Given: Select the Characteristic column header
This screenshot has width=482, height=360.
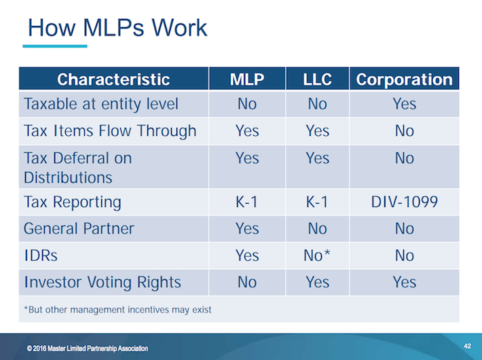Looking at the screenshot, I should click(113, 79).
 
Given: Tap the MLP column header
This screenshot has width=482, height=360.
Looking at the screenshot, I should click(246, 79).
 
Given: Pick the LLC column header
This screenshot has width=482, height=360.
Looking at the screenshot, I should click(317, 79).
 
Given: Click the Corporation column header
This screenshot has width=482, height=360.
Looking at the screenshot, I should click(404, 79).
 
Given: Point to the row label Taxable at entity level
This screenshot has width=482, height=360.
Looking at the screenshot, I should click(101, 104).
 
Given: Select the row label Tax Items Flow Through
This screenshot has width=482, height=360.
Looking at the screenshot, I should click(110, 130).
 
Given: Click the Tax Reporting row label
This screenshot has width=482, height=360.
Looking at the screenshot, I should click(73, 202).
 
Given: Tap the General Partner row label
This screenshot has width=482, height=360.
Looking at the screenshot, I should click(79, 228).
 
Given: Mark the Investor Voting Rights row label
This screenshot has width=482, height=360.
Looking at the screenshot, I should click(103, 281).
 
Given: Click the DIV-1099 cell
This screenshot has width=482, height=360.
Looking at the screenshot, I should click(404, 202).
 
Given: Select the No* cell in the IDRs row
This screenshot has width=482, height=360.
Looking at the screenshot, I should click(317, 255).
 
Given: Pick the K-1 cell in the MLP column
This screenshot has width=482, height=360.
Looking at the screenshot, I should click(246, 202).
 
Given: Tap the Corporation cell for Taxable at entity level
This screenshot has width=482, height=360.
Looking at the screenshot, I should click(404, 104).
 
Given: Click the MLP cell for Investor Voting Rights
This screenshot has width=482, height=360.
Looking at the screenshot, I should click(246, 281).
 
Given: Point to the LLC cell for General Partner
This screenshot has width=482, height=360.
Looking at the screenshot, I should click(317, 228).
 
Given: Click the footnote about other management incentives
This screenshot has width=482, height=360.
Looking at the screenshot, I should click(117, 309).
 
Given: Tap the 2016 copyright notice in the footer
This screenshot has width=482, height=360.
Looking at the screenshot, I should click(88, 348).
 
